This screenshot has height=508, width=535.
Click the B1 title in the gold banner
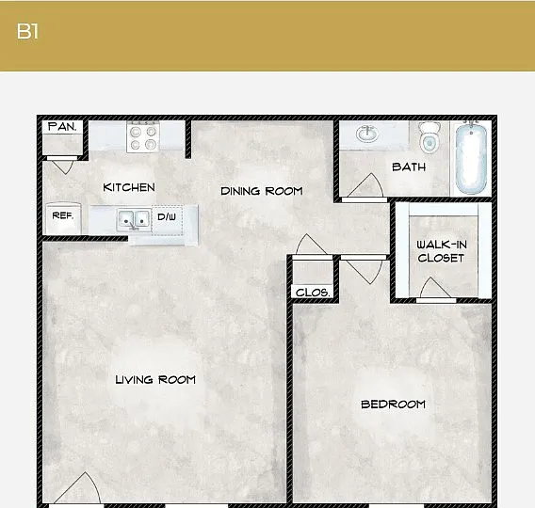[x=27, y=31]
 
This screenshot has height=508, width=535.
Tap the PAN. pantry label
[x=62, y=127]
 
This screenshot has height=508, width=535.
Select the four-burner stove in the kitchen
[x=143, y=136]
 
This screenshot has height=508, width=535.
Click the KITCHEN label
[x=129, y=187]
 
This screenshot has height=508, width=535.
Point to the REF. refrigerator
[x=63, y=218]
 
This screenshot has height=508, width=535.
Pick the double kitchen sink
[x=134, y=220]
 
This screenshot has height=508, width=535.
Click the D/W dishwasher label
[x=167, y=216]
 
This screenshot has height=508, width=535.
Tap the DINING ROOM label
[x=262, y=191]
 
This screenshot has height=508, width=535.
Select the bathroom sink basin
[x=367, y=134]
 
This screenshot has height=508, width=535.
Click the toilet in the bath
[x=430, y=137]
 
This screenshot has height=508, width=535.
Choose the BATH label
[x=409, y=167]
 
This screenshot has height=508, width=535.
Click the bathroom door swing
[x=365, y=185]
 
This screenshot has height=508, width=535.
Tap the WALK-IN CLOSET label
[x=442, y=251]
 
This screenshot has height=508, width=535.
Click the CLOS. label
[x=313, y=293]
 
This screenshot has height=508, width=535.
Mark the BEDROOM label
[x=393, y=405]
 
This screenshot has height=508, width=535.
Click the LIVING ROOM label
[x=155, y=379]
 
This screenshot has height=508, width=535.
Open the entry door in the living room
[x=77, y=488]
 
